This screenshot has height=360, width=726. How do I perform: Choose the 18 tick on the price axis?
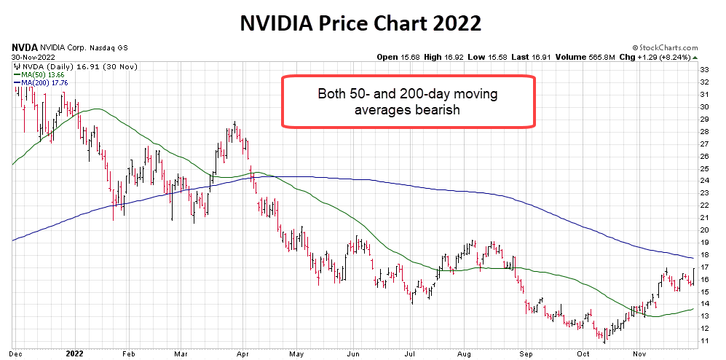[705, 255]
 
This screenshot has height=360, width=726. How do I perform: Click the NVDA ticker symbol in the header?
[24, 47]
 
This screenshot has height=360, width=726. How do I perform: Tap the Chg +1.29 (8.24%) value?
[666, 57]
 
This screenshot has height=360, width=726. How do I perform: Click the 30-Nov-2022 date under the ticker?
[33, 57]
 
